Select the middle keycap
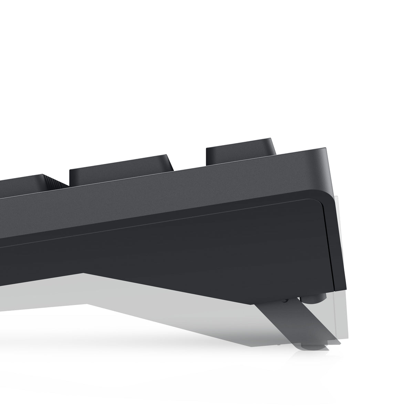pos(121,170)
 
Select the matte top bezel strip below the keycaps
pos(172,193)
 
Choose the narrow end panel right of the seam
pos(336,248)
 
